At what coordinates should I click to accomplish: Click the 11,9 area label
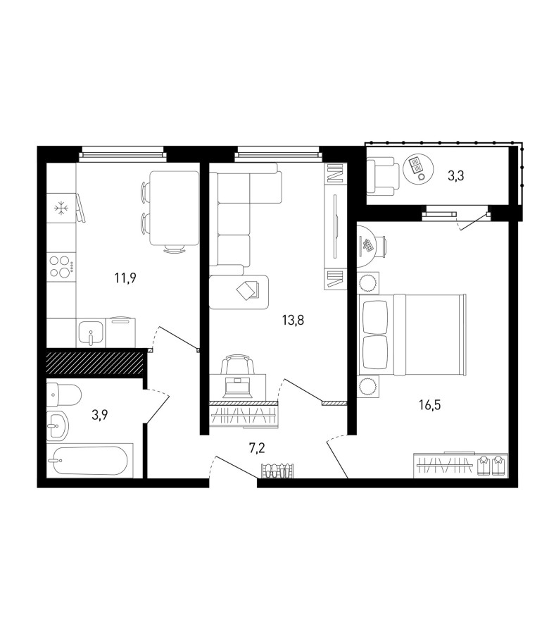coord(125,278)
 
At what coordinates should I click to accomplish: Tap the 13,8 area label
coord(293,321)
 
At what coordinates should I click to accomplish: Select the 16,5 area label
coord(429,405)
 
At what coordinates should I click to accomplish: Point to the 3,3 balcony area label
coord(455,176)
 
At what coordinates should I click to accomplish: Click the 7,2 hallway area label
coord(257,448)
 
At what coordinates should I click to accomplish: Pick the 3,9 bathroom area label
coord(99,415)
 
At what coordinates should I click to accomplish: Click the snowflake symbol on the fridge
coord(61,209)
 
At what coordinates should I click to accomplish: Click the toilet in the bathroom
coord(64,395)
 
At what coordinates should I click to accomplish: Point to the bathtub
coord(89,461)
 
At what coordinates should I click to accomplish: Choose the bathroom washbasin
coord(58,425)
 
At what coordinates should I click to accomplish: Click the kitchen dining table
coord(174,209)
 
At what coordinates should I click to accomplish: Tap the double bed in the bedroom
coord(412,335)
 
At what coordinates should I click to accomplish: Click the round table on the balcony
coord(418,168)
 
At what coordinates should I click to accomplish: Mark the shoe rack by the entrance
coord(277,471)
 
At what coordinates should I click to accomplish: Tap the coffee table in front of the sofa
coord(239,292)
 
